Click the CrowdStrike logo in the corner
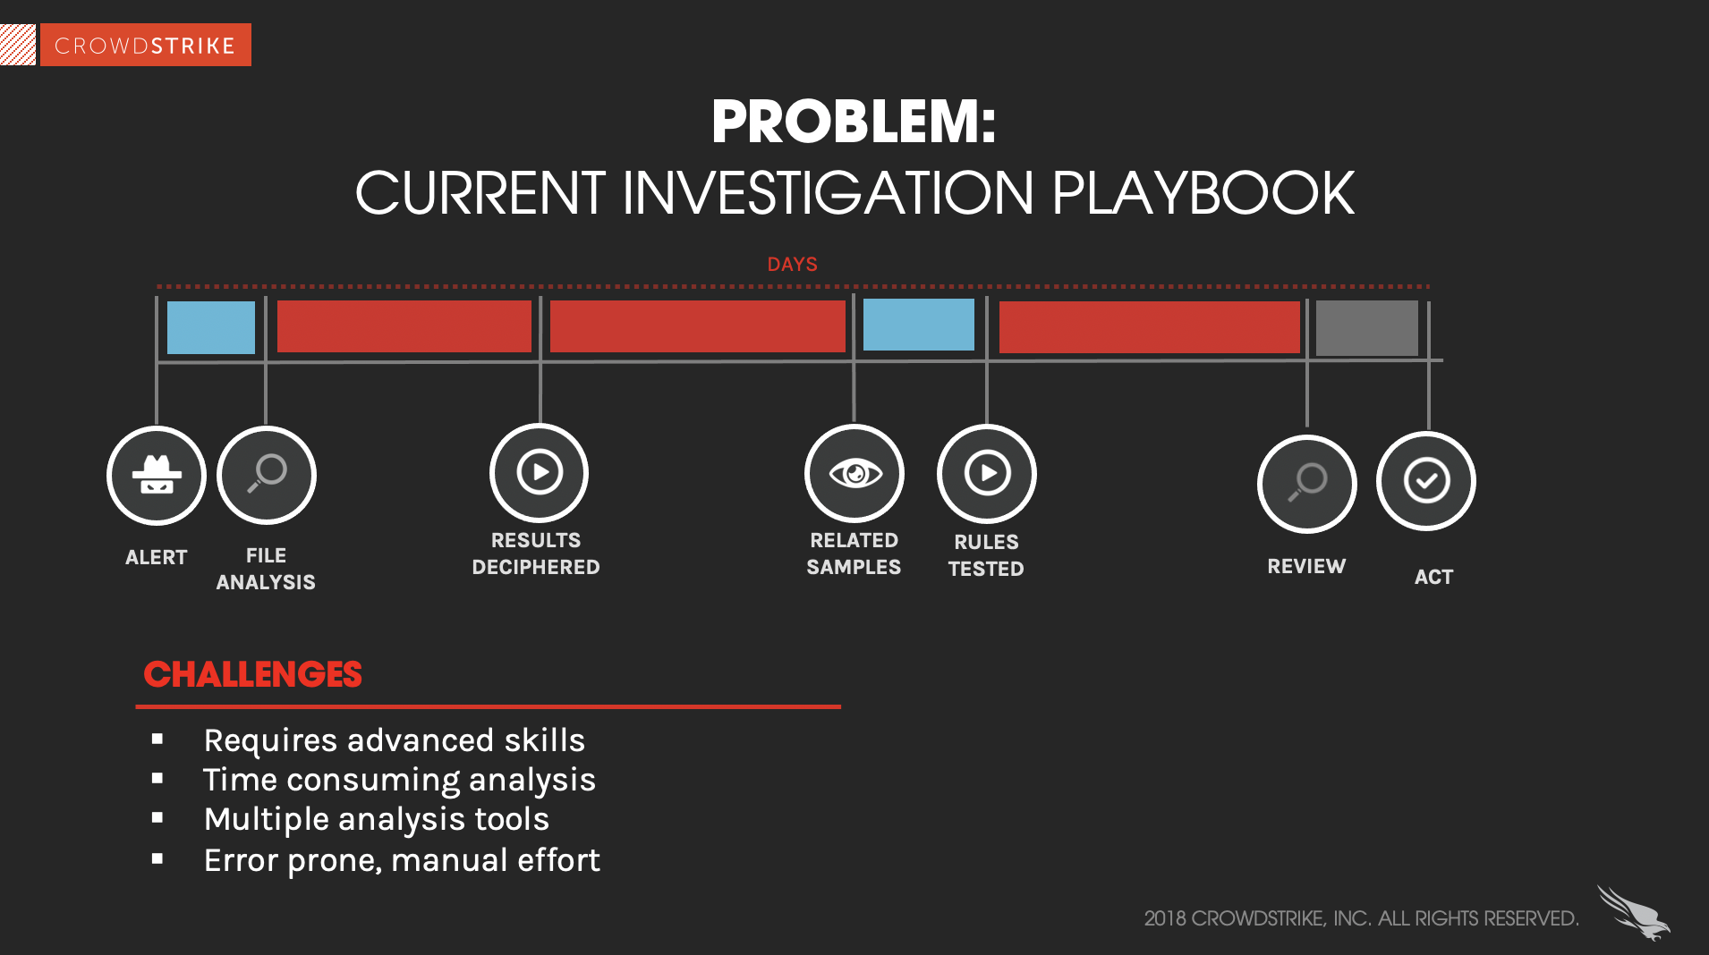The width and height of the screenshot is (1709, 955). point(126,45)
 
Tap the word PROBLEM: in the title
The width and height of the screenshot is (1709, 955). point(854,122)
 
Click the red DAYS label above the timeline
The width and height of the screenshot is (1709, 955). point(792,265)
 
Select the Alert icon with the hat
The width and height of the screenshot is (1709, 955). point(157,475)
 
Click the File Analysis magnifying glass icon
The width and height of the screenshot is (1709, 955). point(267,475)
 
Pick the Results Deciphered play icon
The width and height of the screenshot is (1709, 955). point(539,472)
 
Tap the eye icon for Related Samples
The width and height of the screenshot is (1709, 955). point(854,473)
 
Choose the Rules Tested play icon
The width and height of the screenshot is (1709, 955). point(987,473)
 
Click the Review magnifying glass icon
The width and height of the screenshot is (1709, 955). point(1307,484)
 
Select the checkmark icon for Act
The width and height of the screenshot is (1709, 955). point(1426,481)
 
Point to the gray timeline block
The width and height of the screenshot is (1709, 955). point(1366,328)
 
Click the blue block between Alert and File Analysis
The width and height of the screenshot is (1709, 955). point(211,327)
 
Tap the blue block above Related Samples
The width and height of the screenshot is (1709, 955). point(919,325)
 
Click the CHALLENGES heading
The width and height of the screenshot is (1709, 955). point(252,674)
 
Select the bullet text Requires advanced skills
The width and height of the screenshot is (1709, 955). point(395,740)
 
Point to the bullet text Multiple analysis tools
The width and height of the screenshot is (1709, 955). point(377,819)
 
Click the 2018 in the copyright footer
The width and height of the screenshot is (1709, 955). point(1164,918)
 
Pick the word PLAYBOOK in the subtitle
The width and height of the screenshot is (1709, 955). point(1203,193)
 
